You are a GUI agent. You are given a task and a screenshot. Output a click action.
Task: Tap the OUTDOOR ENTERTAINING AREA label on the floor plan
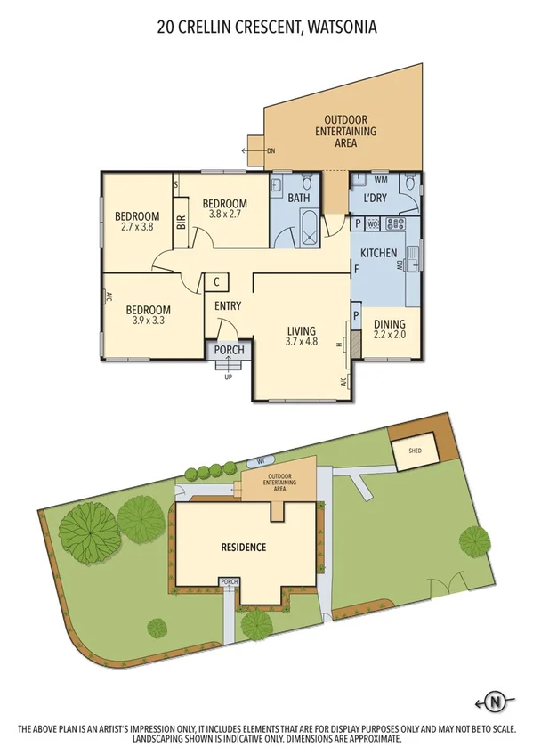(350, 131)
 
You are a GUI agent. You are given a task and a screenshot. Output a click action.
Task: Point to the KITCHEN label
(379, 254)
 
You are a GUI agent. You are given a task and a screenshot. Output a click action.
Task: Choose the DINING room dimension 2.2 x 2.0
(388, 336)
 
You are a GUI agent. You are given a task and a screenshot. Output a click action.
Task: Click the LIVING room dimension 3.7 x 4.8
(302, 340)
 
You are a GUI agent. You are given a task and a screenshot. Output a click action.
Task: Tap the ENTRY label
(228, 306)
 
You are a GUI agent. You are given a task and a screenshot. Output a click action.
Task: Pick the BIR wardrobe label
(181, 226)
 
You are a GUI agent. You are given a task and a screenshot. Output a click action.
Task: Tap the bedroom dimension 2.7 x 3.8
(137, 227)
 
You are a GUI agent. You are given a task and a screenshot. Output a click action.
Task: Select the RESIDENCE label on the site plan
(243, 547)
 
